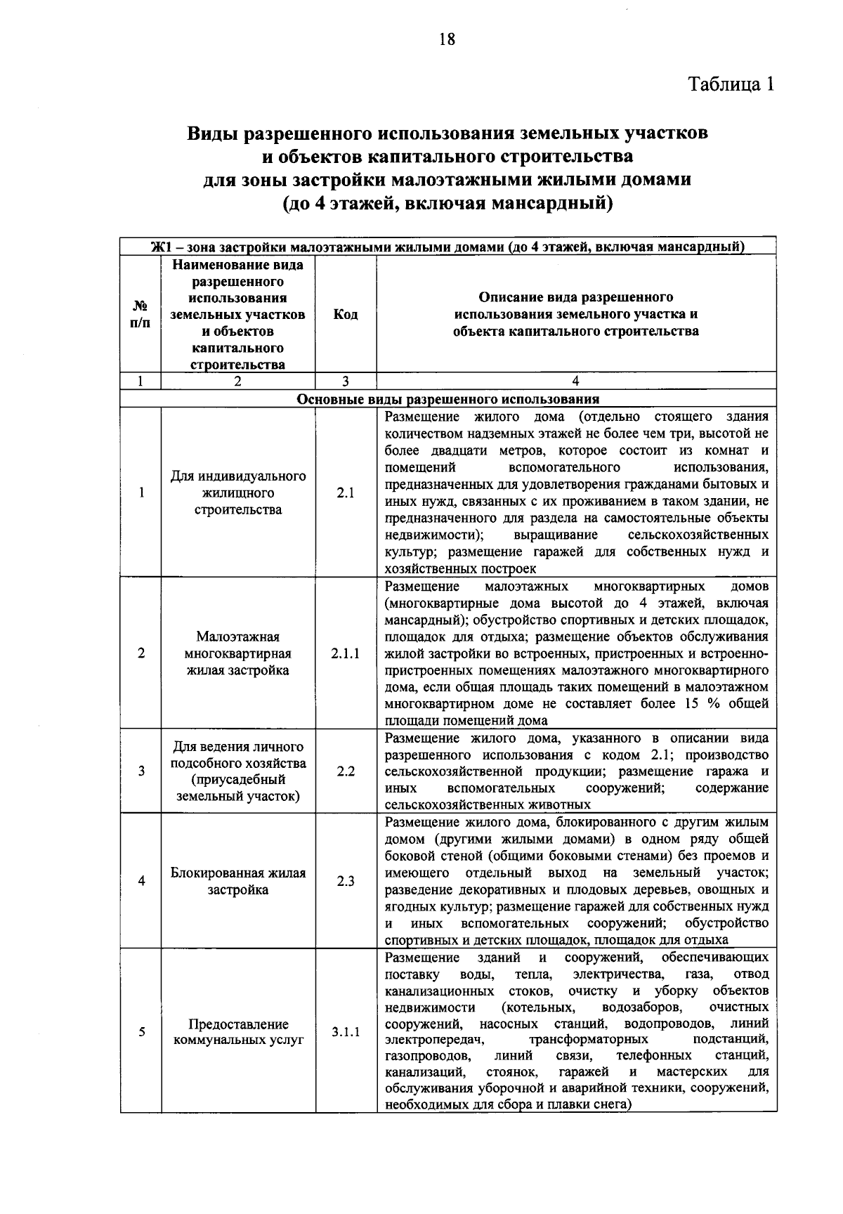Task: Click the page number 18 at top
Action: (x=447, y=39)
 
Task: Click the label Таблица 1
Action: (x=731, y=84)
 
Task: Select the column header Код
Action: (x=345, y=314)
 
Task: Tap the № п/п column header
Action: (x=140, y=314)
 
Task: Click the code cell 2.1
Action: (x=345, y=492)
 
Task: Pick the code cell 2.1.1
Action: (x=345, y=653)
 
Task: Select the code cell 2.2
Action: (x=345, y=771)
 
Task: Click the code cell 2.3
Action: (x=345, y=881)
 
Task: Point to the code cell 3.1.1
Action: (x=345, y=1032)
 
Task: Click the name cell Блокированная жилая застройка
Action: (x=238, y=881)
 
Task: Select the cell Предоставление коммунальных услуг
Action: (x=238, y=1032)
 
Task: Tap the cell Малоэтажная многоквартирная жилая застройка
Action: (x=238, y=653)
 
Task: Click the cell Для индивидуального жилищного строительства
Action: (x=238, y=492)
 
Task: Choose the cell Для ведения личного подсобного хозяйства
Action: (x=238, y=771)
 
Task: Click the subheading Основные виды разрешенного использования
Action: (x=448, y=399)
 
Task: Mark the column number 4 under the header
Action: (x=575, y=381)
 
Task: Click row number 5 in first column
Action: (x=141, y=1032)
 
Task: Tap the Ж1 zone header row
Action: (x=448, y=247)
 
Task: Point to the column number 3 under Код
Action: (x=345, y=381)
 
